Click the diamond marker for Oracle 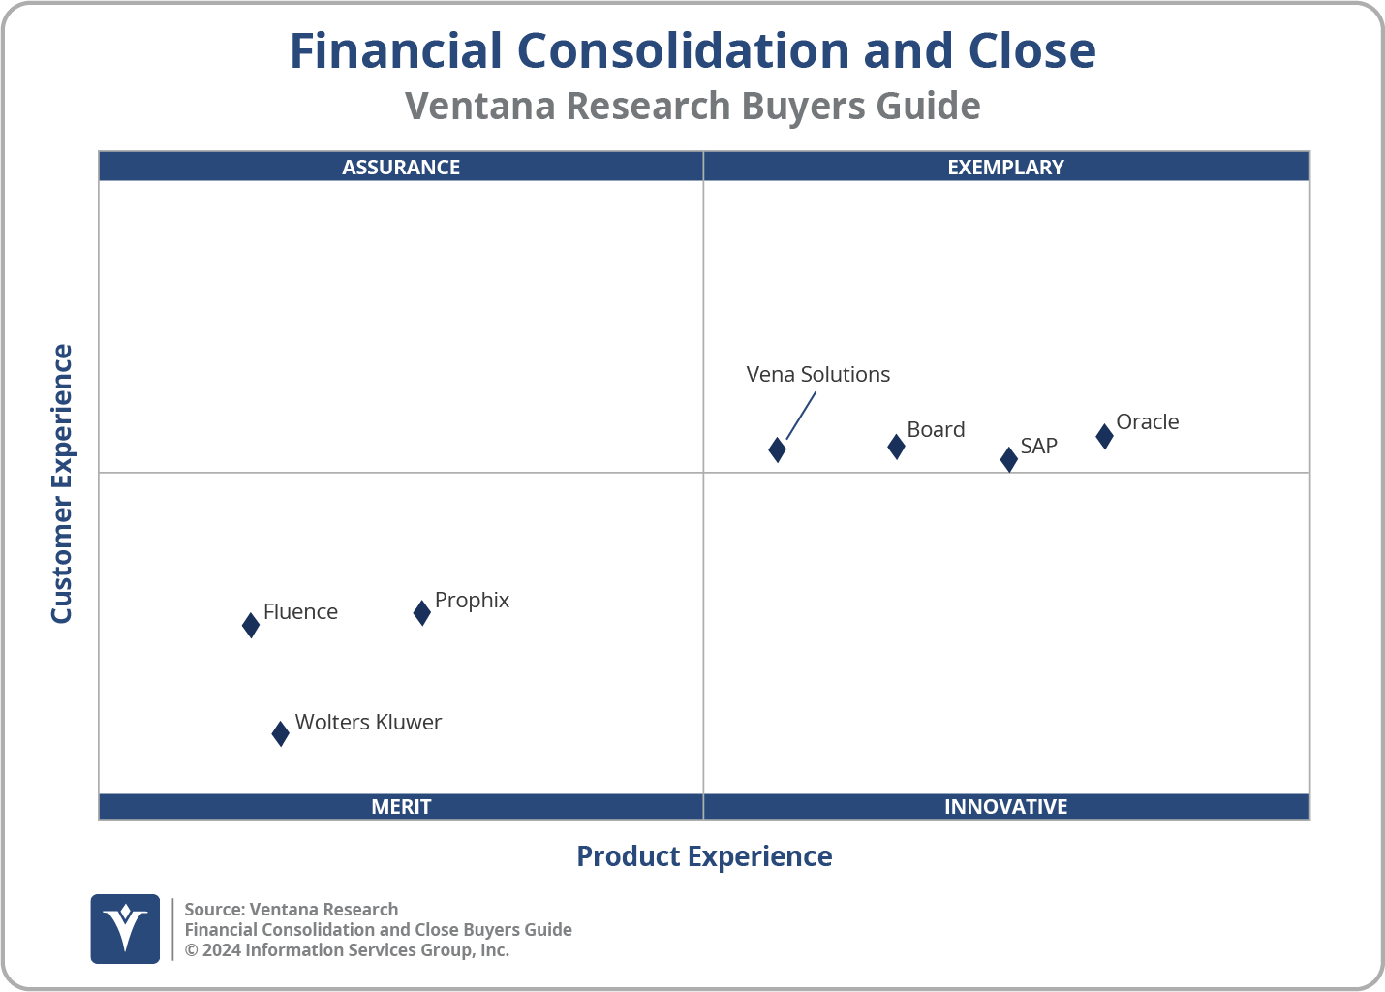pos(1104,436)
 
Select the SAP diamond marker pos(1008,459)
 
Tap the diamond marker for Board pos(896,447)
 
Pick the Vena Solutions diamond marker pos(777,449)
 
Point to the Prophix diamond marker pos(421,612)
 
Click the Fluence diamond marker pos(251,625)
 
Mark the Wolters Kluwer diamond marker pos(280,733)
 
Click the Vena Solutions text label pos(817,374)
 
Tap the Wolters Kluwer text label pos(368,722)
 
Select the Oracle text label pos(1147,421)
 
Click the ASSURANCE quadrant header pos(401,167)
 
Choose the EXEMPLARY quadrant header pos(1005,167)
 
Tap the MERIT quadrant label pos(401,806)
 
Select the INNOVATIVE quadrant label pos(1005,806)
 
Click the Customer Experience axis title pos(62,484)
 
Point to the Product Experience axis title pos(704,856)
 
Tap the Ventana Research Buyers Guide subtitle pos(692,106)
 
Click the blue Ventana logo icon pos(125,928)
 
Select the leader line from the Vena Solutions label pos(801,416)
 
